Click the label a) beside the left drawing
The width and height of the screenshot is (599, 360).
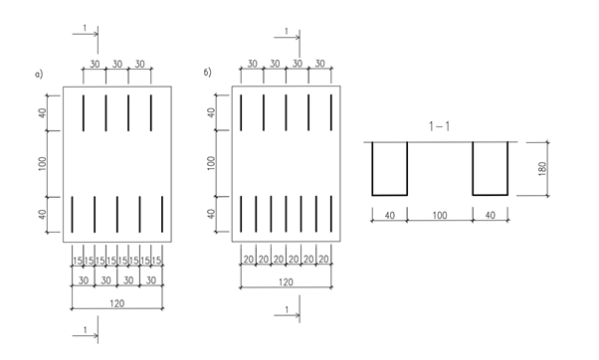pyautogui.click(x=39, y=74)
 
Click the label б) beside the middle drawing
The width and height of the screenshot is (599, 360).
pyautogui.click(x=207, y=73)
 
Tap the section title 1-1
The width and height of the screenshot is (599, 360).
pyautogui.click(x=440, y=126)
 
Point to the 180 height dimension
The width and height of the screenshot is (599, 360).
pyautogui.click(x=542, y=169)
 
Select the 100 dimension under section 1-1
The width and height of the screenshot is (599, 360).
pyautogui.click(x=440, y=216)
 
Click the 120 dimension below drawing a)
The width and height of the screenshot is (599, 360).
pyautogui.click(x=116, y=303)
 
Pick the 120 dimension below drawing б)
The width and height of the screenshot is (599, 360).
pyautogui.click(x=286, y=282)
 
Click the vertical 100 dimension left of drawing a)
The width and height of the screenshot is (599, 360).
pyautogui.click(x=43, y=163)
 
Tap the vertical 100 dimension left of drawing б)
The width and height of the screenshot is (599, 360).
pyautogui.click(x=211, y=163)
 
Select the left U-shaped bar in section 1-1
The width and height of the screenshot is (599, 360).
pyautogui.click(x=390, y=195)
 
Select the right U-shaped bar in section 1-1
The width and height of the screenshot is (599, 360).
pyautogui.click(x=491, y=195)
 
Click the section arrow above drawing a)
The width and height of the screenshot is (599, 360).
pyautogui.click(x=86, y=34)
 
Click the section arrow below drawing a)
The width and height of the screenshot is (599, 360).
pyautogui.click(x=86, y=335)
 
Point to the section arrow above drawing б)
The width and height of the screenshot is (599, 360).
pyautogui.click(x=287, y=37)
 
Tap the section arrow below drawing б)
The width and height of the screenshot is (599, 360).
pyautogui.click(x=287, y=315)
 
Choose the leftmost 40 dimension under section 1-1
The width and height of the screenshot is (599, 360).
pyautogui.click(x=389, y=216)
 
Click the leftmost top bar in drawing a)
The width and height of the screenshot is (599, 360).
pyautogui.click(x=84, y=113)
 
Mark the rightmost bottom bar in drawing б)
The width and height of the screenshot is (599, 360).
pyautogui.click(x=331, y=214)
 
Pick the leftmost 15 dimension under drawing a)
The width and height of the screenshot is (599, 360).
pyautogui.click(x=78, y=261)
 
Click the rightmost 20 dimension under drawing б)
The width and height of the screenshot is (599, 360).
pyautogui.click(x=323, y=260)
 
